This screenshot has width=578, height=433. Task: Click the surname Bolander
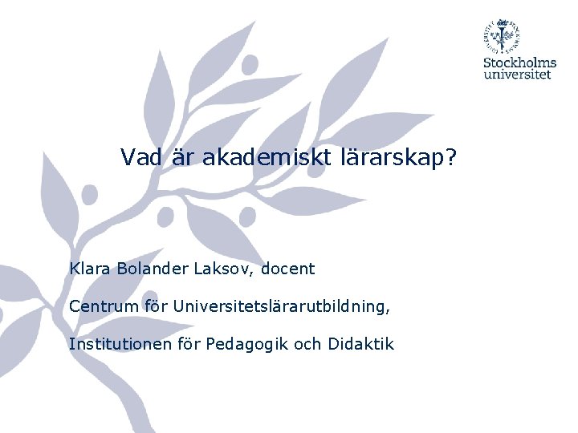click(151, 269)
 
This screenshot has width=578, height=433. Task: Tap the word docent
click(287, 269)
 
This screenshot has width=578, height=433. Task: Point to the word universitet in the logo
click(518, 75)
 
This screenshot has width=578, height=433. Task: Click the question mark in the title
click(450, 158)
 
